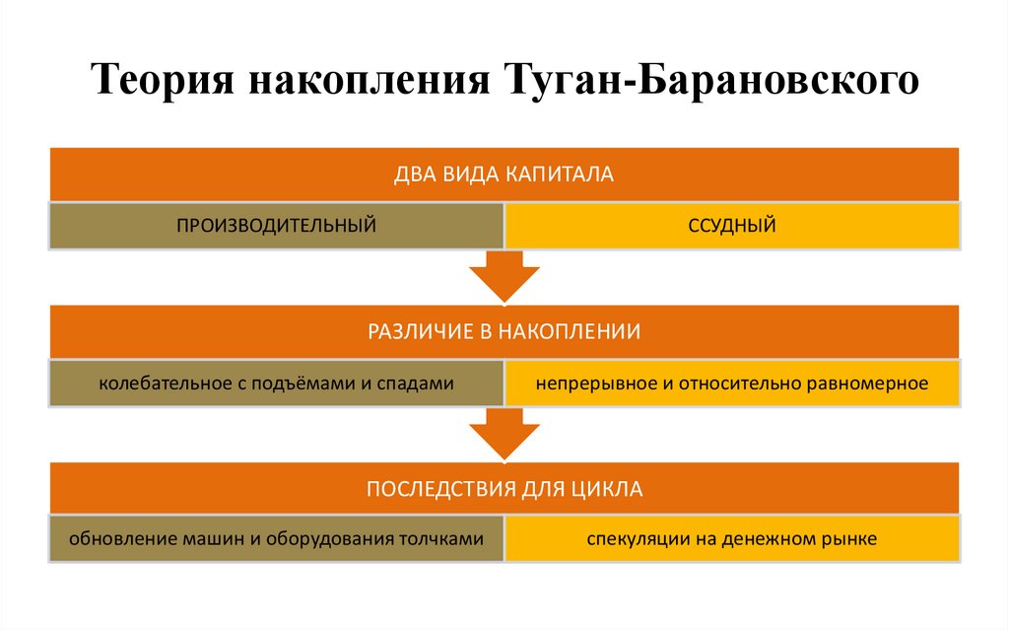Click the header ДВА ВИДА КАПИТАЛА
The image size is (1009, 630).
(504, 175)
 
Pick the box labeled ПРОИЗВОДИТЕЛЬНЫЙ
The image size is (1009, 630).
(276, 226)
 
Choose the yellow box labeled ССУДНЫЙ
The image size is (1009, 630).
(732, 226)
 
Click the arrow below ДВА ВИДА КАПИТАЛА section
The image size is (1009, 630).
(504, 277)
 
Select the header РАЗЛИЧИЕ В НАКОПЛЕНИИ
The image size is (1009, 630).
(504, 332)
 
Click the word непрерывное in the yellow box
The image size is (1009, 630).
(588, 384)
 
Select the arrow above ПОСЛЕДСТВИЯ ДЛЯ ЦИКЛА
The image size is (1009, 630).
(504, 435)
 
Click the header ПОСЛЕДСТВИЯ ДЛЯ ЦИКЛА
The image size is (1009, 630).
(504, 489)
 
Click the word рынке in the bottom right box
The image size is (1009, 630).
(851, 539)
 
